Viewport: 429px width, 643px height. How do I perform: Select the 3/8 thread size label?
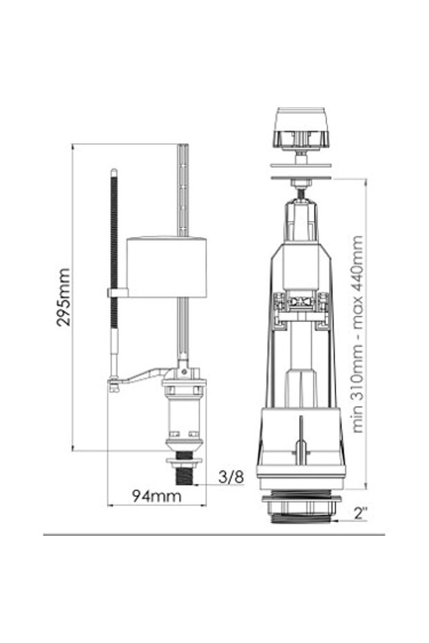(x=231, y=477)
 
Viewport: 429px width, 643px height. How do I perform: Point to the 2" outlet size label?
(x=360, y=513)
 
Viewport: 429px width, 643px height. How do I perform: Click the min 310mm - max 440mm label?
(x=356, y=334)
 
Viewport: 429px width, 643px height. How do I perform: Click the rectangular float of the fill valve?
(x=167, y=267)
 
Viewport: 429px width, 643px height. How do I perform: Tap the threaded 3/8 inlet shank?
(x=184, y=475)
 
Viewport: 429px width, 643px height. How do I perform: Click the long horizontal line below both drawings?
(x=214, y=534)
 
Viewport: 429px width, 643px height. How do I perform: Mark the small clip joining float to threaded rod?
(x=117, y=293)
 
